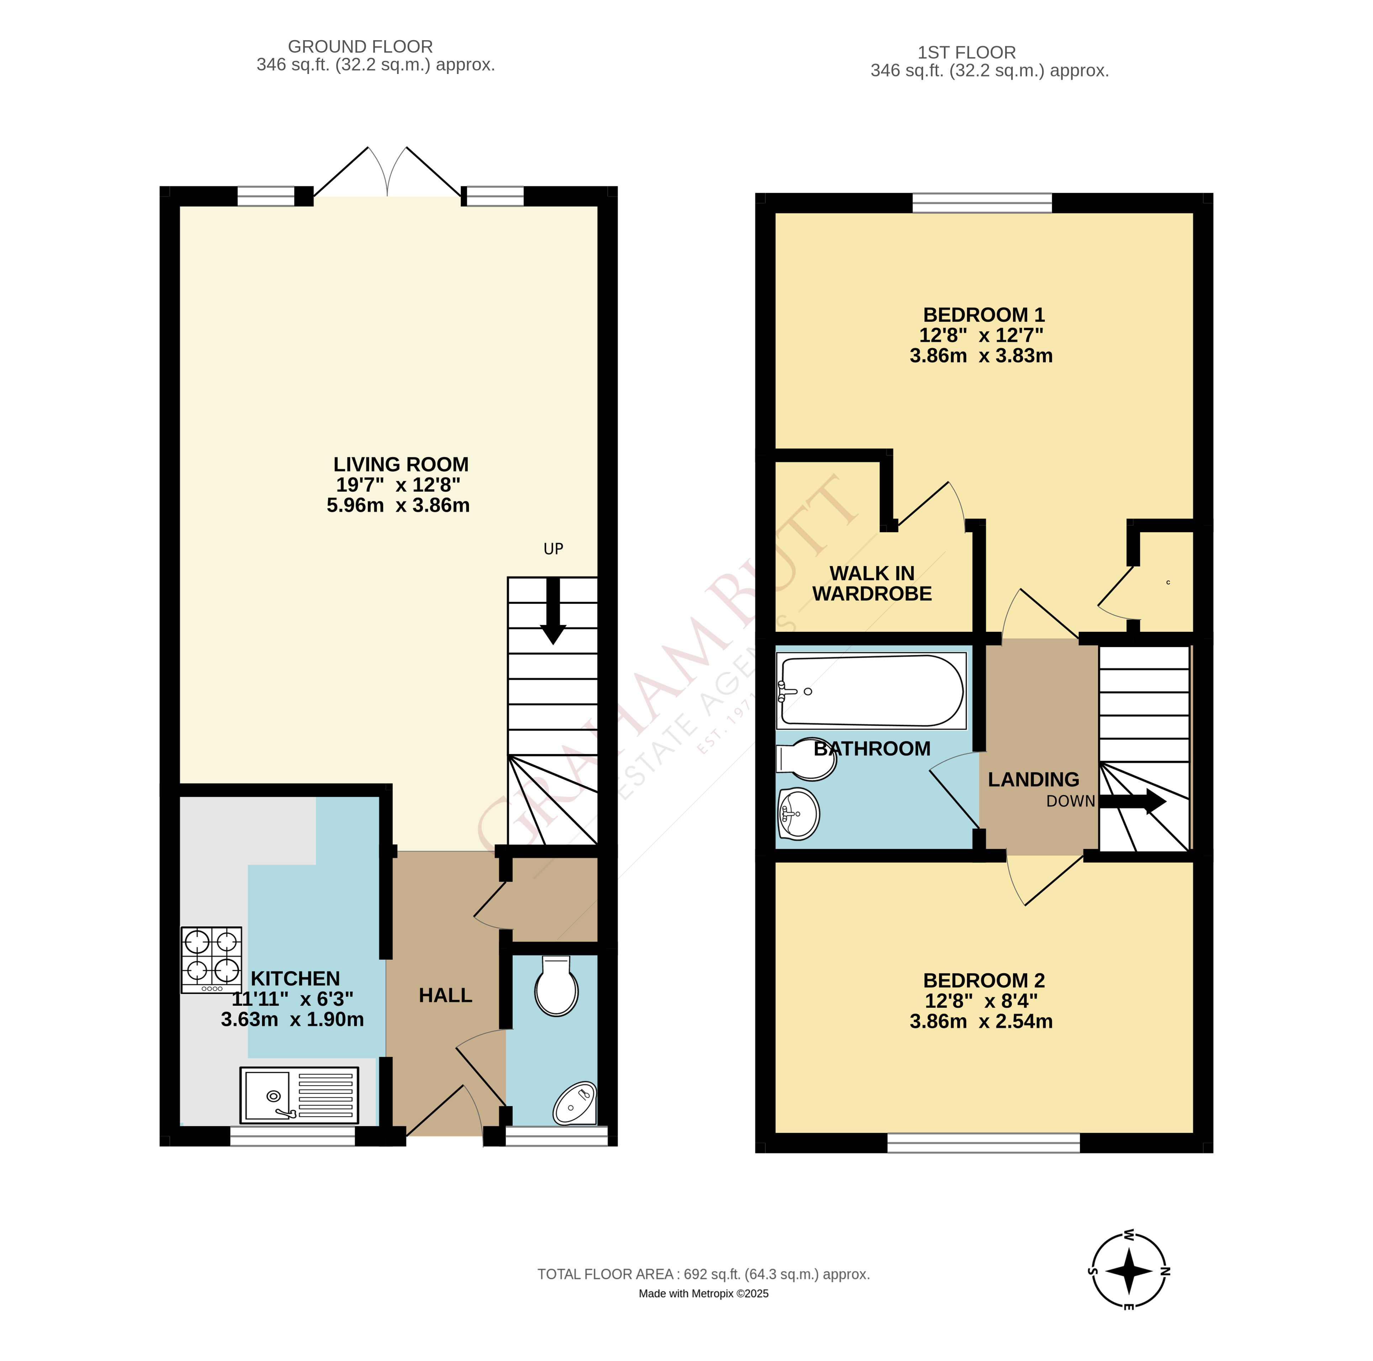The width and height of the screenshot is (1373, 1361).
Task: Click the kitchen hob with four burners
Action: pyautogui.click(x=211, y=959)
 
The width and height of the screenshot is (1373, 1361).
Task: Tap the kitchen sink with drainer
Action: pyautogui.click(x=299, y=1095)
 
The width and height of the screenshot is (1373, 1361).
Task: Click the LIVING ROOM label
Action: pyautogui.click(x=401, y=464)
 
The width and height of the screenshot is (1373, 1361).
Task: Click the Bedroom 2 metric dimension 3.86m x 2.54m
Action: pyautogui.click(x=981, y=1021)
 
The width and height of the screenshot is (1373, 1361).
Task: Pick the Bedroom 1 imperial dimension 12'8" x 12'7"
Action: pyautogui.click(x=981, y=335)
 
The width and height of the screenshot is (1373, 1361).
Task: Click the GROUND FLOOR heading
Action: pyautogui.click(x=360, y=46)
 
